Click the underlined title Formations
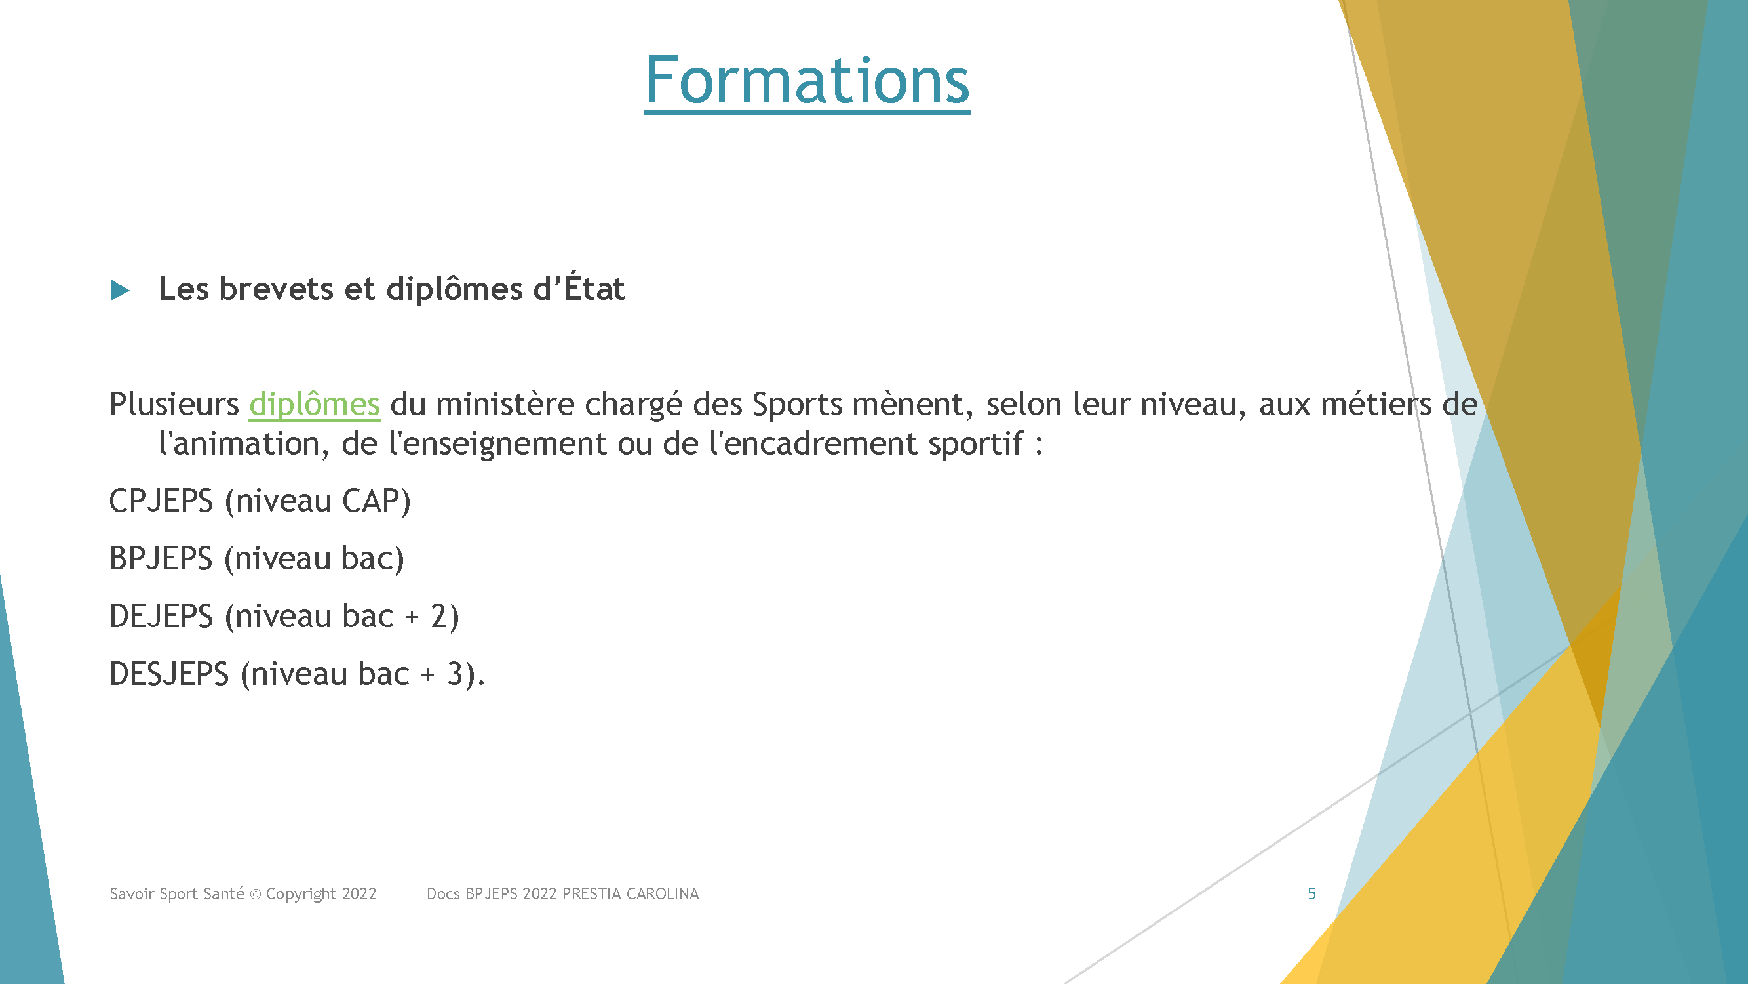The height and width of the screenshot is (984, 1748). point(807,81)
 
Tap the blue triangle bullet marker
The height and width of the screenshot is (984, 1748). point(119,291)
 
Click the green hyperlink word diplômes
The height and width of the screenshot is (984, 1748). point(314,405)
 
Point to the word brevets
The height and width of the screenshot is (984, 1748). point(276,289)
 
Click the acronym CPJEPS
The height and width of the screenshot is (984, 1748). point(161,501)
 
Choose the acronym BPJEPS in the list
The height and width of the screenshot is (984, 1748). point(161,559)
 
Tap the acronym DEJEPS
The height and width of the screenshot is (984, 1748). point(161,617)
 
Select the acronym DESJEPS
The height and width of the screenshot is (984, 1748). point(169,674)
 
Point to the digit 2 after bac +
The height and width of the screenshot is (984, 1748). point(438,617)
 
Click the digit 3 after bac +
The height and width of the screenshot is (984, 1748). point(455,674)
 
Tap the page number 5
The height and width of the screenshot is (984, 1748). point(1311,893)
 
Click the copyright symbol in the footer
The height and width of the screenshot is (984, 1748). point(256,894)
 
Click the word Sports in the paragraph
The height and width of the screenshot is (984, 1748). point(798,405)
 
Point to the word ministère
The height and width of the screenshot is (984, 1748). point(505,405)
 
